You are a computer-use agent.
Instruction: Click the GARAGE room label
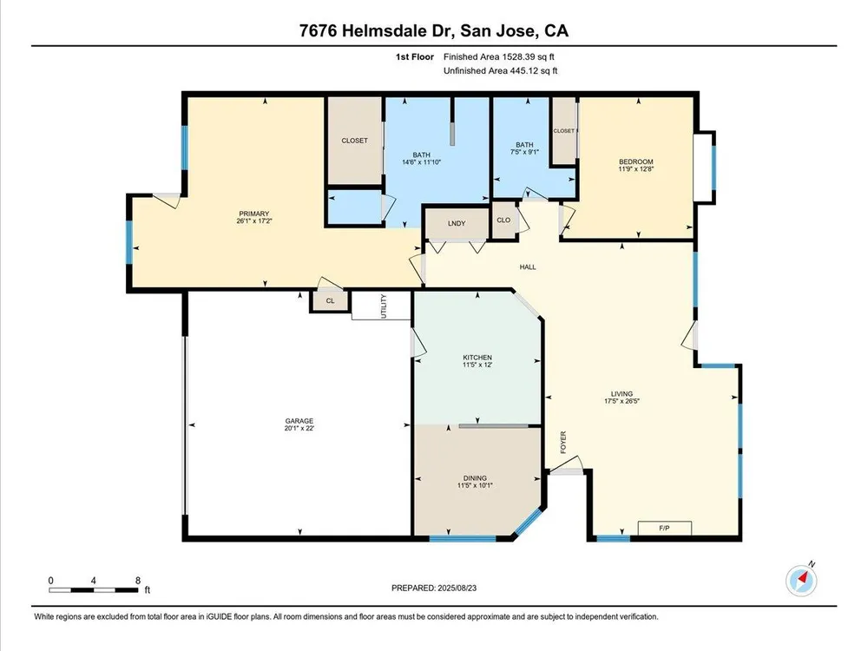[299, 421]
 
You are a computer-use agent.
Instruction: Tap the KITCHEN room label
[477, 358]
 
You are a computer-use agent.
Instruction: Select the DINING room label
[475, 478]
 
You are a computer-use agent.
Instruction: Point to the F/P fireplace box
[664, 528]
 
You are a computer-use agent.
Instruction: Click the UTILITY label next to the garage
[385, 306]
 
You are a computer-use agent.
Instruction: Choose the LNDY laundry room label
[457, 224]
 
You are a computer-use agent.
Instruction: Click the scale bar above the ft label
[94, 590]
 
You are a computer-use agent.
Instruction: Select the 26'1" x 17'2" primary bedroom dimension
[254, 220]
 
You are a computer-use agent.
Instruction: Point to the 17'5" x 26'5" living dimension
[621, 401]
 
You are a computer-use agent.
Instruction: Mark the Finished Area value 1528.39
[520, 56]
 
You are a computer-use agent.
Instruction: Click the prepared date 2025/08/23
[457, 588]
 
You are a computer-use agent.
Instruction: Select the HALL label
[528, 266]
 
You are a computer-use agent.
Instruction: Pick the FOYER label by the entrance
[563, 443]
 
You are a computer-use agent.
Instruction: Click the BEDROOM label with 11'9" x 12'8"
[636, 162]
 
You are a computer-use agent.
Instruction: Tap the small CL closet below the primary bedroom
[331, 301]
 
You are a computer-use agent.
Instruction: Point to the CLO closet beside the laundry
[503, 220]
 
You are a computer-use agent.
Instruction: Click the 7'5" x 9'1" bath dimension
[524, 152]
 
